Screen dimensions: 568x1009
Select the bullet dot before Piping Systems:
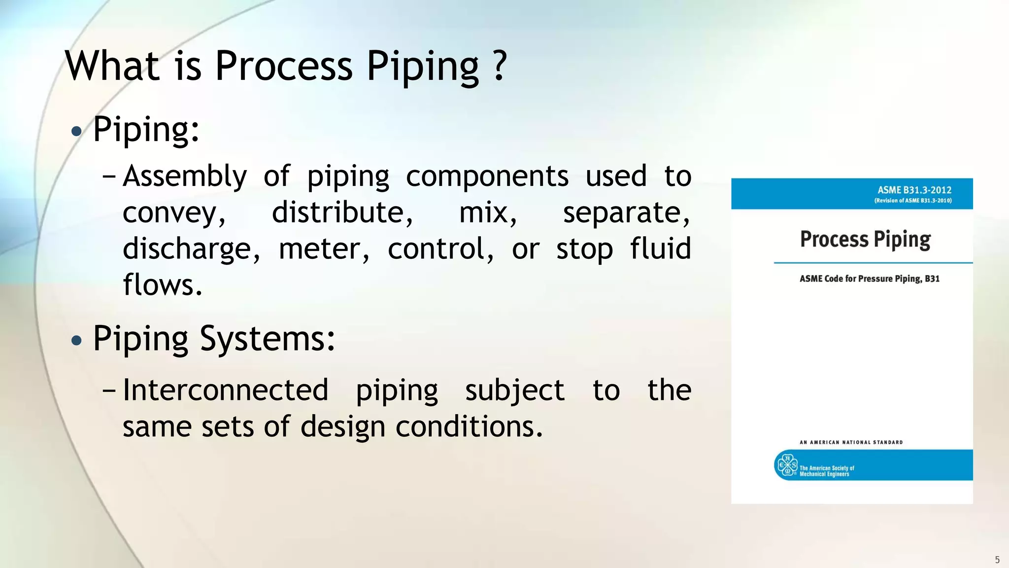76,340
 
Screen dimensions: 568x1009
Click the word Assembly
185,177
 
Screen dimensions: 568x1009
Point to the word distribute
342,213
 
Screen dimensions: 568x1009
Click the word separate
626,213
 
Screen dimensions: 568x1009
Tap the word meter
324,249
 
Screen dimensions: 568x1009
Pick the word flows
162,285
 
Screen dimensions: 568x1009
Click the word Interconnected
225,390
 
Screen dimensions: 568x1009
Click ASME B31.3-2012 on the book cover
914,190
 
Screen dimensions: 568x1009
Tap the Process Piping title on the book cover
865,240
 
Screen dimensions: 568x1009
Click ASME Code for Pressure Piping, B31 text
869,279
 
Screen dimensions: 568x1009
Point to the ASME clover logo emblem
787,465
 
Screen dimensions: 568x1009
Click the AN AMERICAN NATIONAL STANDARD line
851,442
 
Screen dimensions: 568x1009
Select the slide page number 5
997,560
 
